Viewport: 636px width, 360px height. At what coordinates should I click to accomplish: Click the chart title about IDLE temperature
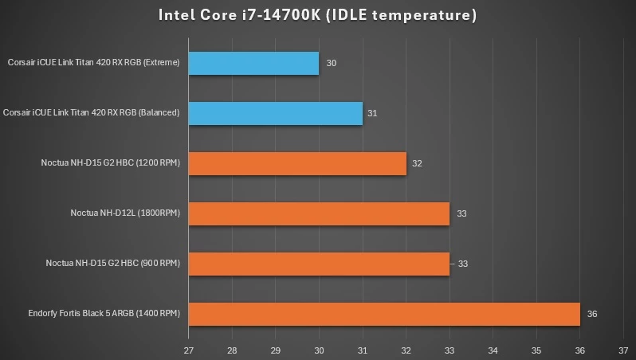click(x=317, y=14)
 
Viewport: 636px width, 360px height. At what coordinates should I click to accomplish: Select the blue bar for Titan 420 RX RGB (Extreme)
click(x=253, y=63)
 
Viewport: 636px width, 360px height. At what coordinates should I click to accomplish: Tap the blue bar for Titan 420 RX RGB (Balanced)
click(x=276, y=113)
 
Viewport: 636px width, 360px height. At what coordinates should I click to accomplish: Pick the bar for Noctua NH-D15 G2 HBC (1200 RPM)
click(x=297, y=163)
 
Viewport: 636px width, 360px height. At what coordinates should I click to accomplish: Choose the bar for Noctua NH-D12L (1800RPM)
click(x=319, y=213)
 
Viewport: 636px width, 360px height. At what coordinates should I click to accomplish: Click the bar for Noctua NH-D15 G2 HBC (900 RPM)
click(x=319, y=264)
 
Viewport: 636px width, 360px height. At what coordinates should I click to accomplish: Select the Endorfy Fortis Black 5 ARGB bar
click(x=384, y=314)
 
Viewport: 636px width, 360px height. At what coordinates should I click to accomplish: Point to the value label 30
click(x=332, y=63)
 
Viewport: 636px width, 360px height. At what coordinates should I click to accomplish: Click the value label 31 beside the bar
click(x=372, y=113)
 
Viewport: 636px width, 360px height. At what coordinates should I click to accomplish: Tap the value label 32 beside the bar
click(x=417, y=163)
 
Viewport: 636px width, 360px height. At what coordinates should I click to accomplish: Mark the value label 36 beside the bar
click(x=592, y=314)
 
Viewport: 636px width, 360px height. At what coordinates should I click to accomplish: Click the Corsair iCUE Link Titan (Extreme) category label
click(x=93, y=62)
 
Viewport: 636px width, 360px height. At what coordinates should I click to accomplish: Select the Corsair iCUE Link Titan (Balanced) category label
click(x=92, y=112)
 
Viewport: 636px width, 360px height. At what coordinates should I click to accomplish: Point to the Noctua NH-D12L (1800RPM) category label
click(x=125, y=213)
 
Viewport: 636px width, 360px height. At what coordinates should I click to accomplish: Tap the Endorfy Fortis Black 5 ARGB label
click(x=104, y=313)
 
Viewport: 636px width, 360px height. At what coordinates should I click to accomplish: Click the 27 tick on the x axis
click(x=189, y=350)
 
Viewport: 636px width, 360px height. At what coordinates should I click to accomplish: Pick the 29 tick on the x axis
click(x=276, y=350)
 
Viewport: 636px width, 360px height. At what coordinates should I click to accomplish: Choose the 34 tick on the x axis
click(x=493, y=350)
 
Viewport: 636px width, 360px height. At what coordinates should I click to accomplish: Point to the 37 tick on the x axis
click(x=623, y=350)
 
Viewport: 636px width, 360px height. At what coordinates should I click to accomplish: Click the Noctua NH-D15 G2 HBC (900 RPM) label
click(x=113, y=263)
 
